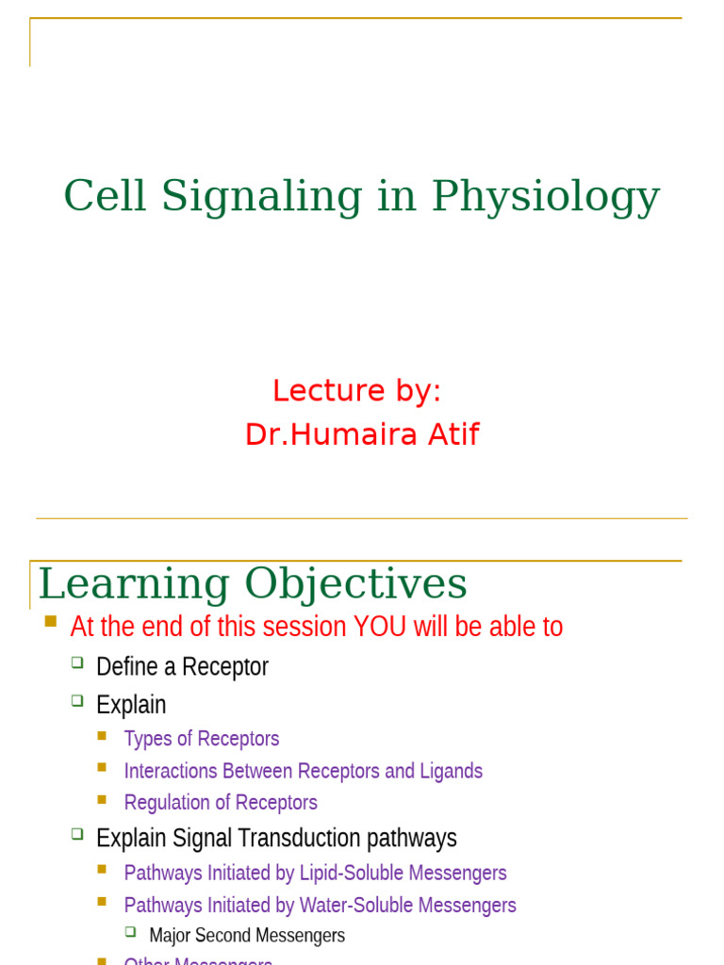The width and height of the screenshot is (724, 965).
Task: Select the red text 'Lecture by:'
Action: coord(356,390)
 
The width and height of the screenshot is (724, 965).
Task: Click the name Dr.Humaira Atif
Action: coord(362,434)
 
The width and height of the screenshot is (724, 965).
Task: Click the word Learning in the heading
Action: coord(133,585)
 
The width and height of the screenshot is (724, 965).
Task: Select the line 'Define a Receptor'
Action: coord(182,667)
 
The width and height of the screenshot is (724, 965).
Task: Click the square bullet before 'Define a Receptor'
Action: coord(77,663)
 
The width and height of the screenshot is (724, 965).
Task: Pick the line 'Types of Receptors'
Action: coord(202,739)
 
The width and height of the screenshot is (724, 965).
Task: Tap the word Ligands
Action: coord(452,771)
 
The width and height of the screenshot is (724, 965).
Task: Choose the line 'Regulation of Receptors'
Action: coord(221,803)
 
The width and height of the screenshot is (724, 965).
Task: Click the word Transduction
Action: coord(302,838)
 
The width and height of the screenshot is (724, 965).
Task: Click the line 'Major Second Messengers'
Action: coord(247,936)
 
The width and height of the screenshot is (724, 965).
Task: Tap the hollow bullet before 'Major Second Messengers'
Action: coord(131,932)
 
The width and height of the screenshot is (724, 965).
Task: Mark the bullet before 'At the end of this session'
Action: coord(51,622)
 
